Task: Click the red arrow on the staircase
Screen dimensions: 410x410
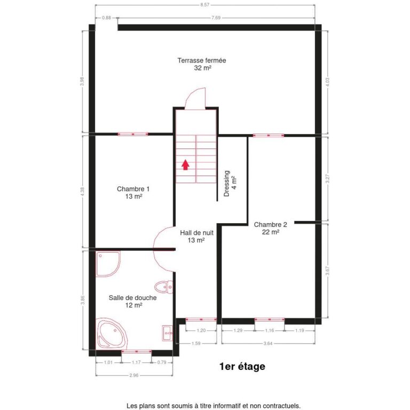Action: [185, 164]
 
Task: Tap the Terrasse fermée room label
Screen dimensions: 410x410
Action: [202, 64]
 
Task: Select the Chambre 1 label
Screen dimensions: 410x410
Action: [133, 192]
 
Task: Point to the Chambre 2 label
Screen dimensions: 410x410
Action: [271, 228]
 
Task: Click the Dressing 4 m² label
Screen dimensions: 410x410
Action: [230, 184]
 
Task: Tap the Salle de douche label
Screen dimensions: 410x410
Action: [132, 301]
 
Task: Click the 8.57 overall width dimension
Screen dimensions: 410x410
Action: [205, 5]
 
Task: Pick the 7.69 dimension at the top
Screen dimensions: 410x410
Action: [216, 17]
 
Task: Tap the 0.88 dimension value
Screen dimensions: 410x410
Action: [106, 17]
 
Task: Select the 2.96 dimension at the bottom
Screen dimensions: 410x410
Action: [133, 375]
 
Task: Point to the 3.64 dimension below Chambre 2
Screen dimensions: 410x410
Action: [268, 343]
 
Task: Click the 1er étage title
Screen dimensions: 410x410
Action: [242, 367]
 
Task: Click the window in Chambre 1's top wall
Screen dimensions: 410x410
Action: [133, 134]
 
